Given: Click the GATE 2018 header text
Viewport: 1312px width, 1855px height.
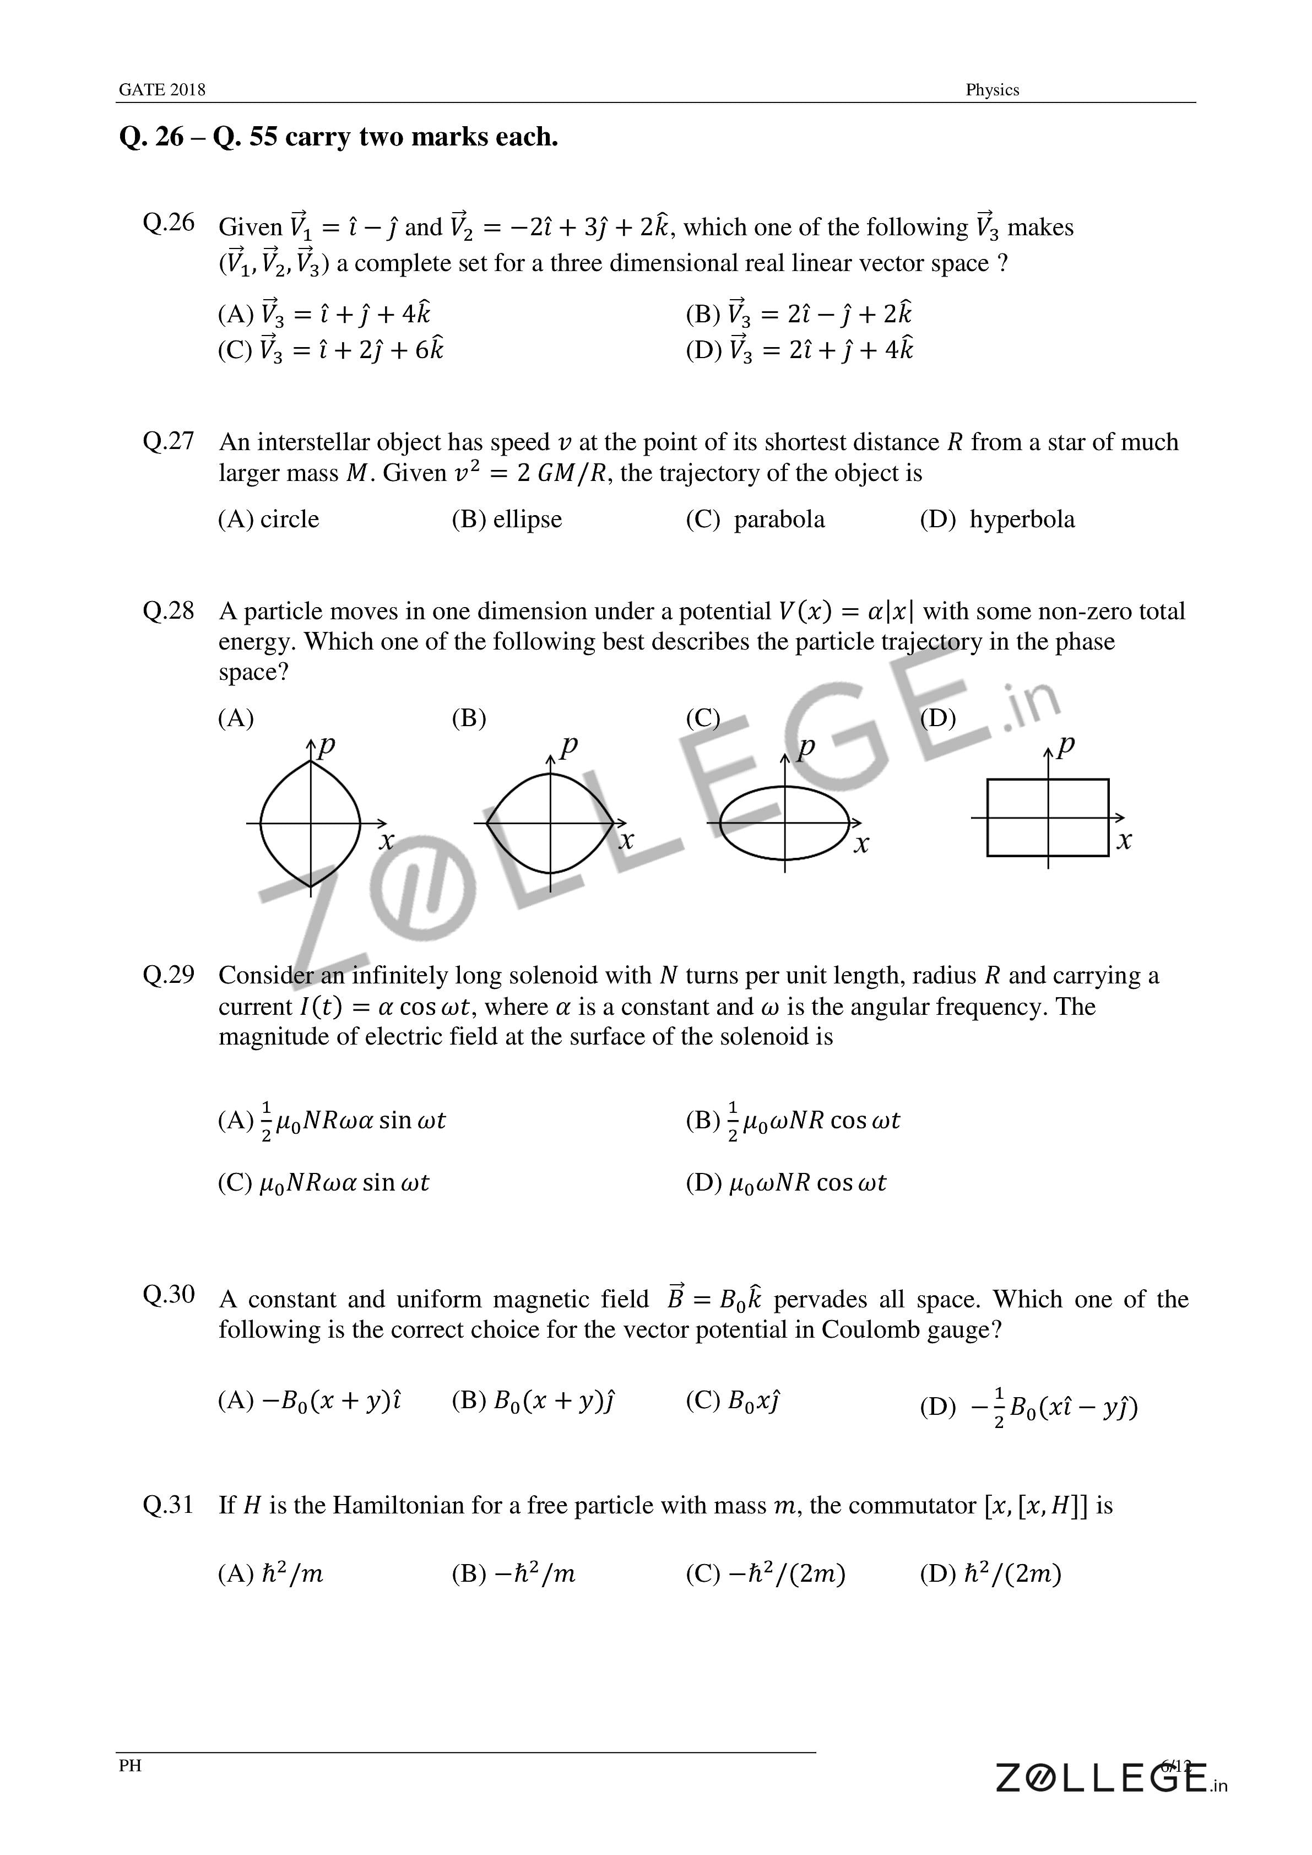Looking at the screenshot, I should pyautogui.click(x=161, y=90).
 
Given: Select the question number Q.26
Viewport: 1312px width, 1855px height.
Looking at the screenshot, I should pyautogui.click(x=168, y=222).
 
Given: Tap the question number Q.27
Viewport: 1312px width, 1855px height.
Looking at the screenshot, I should pyautogui.click(x=168, y=441).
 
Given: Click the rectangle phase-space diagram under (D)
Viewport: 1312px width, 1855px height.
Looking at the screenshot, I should pyautogui.click(x=1047, y=817).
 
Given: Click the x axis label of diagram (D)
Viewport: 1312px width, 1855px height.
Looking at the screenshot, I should pyautogui.click(x=1124, y=841).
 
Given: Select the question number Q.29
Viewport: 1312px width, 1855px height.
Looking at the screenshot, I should pyautogui.click(x=168, y=975).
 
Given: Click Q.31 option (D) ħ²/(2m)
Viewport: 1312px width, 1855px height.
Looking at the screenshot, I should pyautogui.click(x=990, y=1573).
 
